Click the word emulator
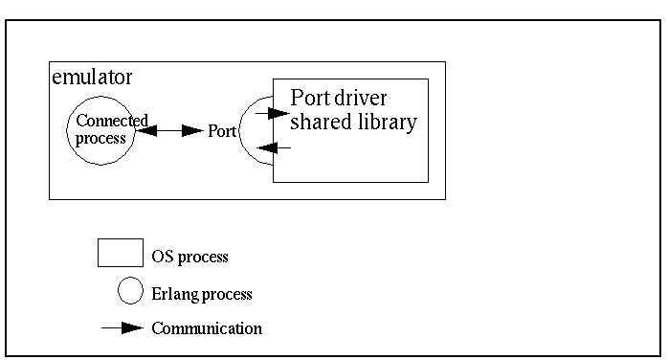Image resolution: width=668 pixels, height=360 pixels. click(91, 76)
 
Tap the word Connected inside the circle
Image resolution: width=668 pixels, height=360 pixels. click(112, 121)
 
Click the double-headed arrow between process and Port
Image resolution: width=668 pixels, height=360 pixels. click(169, 130)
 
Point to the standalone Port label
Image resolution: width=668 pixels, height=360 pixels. click(222, 130)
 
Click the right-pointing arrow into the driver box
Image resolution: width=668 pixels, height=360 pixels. click(274, 113)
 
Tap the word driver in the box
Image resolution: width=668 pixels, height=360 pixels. click(365, 99)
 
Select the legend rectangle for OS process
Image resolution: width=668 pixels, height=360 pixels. click(120, 254)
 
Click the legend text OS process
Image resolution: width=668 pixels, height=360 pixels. click(189, 257)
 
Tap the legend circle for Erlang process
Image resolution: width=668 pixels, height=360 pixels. click(130, 291)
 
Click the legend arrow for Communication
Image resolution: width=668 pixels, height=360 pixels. click(123, 327)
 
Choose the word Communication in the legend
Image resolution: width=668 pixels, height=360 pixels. click(207, 328)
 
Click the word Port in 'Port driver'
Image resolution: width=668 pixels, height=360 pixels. click(310, 99)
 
